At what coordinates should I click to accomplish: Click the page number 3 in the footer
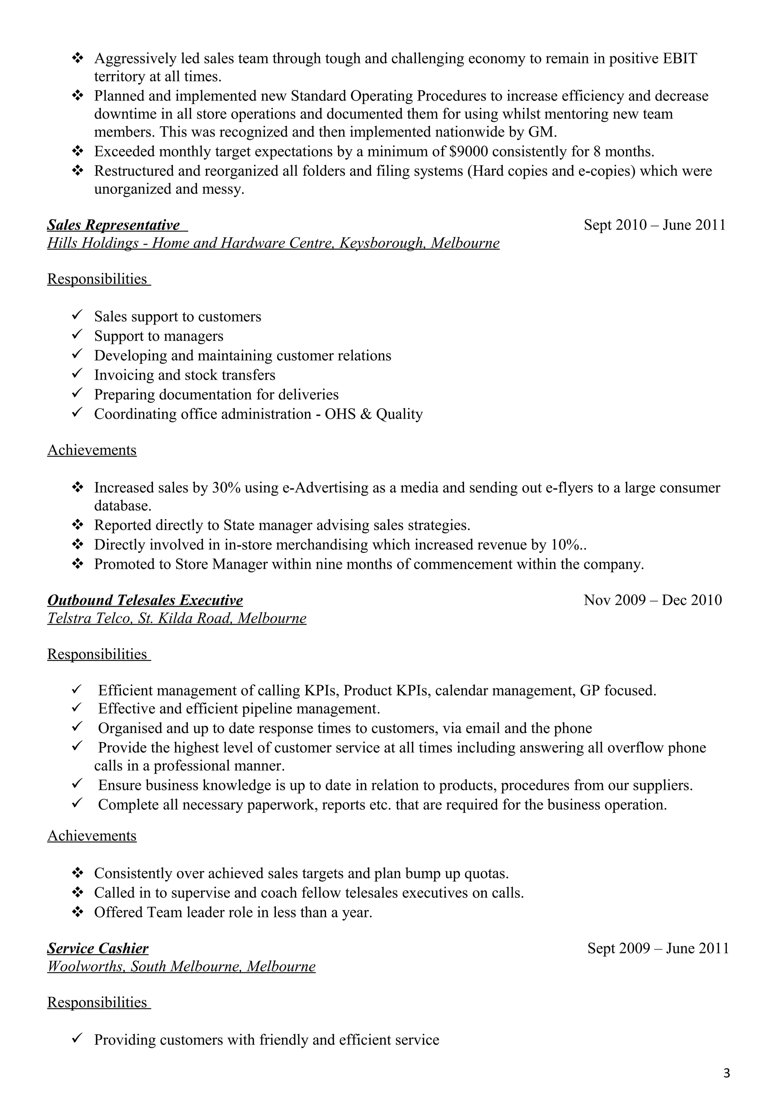tap(726, 1073)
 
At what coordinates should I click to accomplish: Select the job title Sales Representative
tap(113, 225)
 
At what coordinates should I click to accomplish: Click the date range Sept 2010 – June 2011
tap(654, 225)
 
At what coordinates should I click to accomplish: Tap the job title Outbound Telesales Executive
tap(145, 600)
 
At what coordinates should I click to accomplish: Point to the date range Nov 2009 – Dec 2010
tap(653, 600)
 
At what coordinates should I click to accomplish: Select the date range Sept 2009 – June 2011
tap(658, 948)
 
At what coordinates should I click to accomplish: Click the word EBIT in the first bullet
tap(680, 58)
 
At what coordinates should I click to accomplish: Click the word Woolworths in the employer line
tap(86, 966)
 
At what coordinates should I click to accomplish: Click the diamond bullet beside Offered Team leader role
tap(77, 911)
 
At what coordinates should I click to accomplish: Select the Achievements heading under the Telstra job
tap(92, 835)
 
